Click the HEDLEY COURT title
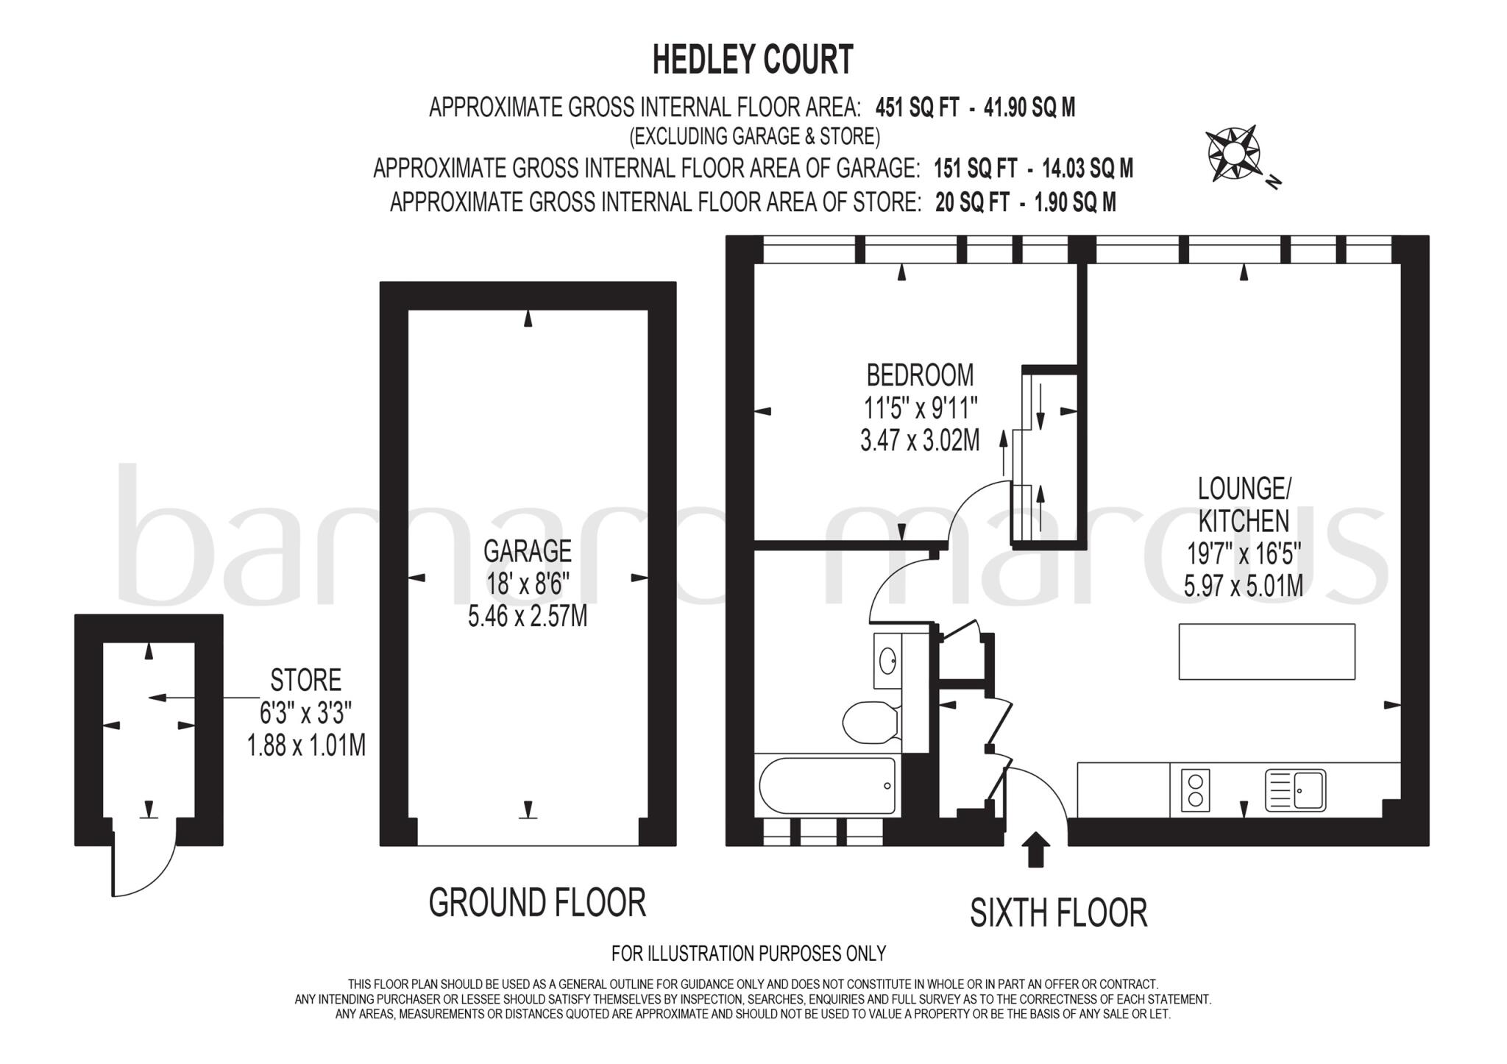753,60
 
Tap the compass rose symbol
1234,154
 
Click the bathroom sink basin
888,660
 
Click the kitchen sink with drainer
1295,790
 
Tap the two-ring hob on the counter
1195,790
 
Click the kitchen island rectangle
1266,651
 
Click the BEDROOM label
920,375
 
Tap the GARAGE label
528,550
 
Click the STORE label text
305,681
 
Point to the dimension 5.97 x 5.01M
1243,586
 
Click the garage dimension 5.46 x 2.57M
528,616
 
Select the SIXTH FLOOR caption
1058,913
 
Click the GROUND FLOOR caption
537,903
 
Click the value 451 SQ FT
917,108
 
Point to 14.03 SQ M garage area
1088,169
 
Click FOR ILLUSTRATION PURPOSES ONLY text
748,954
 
